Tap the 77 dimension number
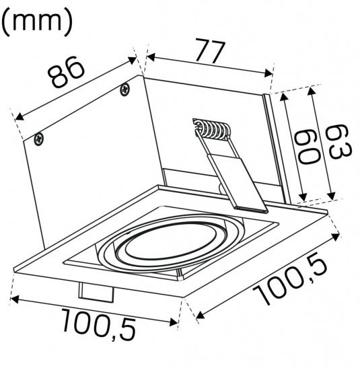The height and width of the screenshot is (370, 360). pos(209,52)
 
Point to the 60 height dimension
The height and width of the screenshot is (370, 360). pos(307,147)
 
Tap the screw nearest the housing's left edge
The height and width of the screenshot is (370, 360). pos(39,139)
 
